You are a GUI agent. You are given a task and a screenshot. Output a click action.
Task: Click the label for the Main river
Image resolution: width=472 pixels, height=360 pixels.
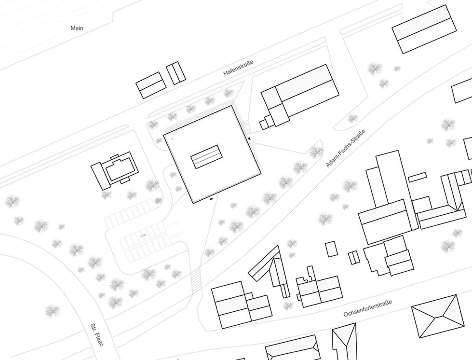77,28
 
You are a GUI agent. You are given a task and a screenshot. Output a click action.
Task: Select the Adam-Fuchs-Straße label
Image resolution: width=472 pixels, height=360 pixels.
346,148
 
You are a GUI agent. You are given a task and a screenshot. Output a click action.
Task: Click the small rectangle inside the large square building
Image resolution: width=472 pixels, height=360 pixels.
207,156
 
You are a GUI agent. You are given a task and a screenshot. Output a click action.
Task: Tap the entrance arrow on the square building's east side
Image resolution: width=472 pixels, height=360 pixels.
249,139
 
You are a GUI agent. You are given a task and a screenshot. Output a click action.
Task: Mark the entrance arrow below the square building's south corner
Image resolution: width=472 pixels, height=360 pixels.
212,198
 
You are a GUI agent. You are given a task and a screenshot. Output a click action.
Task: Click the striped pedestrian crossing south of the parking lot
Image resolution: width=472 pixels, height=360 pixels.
196,280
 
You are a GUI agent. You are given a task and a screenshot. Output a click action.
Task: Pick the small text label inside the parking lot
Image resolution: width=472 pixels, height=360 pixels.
143,235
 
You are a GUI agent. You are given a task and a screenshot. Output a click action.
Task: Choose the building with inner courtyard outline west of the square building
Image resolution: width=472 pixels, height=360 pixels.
116,170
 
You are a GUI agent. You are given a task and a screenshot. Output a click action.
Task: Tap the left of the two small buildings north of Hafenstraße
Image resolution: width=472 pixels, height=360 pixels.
151,85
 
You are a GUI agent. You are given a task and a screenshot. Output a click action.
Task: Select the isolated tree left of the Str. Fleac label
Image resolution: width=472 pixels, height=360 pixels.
52,311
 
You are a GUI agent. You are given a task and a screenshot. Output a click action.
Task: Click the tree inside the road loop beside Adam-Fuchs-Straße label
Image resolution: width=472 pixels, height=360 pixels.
316,152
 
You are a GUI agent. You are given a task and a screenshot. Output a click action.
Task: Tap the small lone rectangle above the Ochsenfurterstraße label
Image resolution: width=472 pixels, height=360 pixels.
332,249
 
